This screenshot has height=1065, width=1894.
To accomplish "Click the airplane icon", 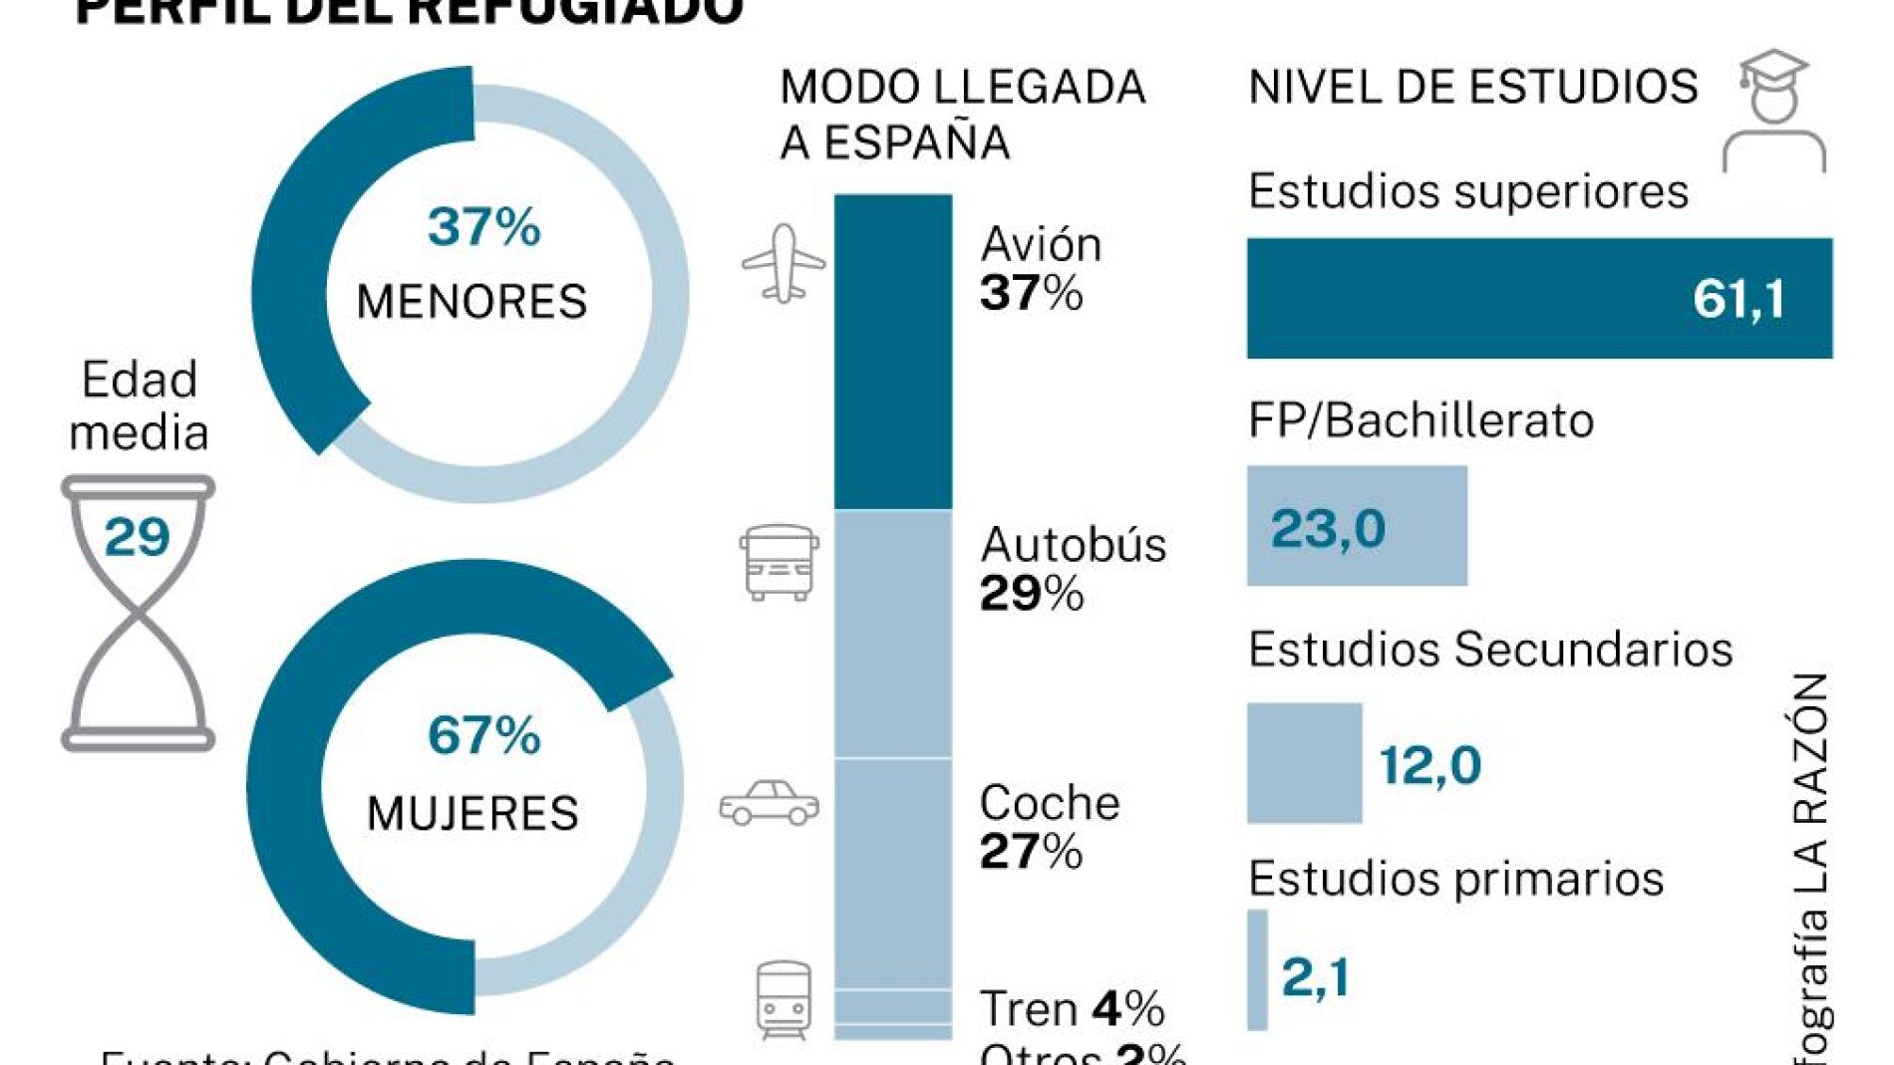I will click(784, 263).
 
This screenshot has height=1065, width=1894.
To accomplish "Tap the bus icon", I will click(780, 563).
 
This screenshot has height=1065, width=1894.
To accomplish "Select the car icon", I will click(769, 803).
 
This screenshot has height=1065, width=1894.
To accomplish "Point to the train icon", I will click(784, 999).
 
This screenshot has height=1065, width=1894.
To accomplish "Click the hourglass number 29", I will click(137, 537).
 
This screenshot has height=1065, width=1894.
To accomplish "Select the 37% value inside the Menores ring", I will click(483, 226).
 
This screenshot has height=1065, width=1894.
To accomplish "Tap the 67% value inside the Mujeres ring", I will click(483, 735).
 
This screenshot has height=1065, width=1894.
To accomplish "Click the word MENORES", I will click(472, 301).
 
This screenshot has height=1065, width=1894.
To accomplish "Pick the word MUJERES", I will click(473, 813).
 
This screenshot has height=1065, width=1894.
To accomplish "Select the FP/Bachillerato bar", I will click(1357, 525).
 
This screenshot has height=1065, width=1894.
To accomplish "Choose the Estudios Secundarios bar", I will click(1304, 763).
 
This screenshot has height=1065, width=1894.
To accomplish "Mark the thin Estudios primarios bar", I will click(1257, 969).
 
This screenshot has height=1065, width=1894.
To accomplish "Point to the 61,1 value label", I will click(1738, 298).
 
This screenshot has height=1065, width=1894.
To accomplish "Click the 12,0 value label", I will click(1430, 765).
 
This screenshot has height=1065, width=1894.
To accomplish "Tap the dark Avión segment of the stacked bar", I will click(893, 351).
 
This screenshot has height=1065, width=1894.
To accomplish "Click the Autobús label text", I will click(1073, 545).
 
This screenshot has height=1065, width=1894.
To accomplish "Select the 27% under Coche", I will click(1031, 852).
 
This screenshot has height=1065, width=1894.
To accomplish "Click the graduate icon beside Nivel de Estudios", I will click(1773, 110).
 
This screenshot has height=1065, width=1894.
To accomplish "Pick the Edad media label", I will click(139, 405).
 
